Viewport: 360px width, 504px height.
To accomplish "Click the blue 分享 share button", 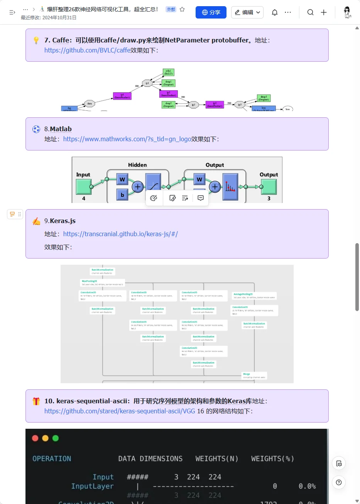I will click(211, 12).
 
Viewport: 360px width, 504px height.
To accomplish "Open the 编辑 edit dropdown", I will click(247, 12).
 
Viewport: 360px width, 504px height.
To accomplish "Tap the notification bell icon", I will click(275, 12).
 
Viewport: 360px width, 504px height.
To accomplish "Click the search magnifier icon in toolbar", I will click(310, 12).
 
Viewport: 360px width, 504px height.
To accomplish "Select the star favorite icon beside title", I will click(182, 9).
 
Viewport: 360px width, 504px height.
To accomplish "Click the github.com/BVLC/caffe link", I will click(87, 50).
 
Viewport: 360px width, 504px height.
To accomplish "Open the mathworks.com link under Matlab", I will click(127, 139).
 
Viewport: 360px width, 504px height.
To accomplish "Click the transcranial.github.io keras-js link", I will click(120, 234).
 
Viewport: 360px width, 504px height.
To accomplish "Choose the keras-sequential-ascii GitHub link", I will click(120, 411).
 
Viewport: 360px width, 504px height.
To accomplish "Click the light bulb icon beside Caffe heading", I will click(36, 40).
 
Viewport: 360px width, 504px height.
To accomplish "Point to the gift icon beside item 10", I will click(36, 401).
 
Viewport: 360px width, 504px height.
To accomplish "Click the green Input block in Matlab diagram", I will click(83, 187).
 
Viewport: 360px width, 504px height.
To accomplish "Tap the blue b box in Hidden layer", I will click(122, 195).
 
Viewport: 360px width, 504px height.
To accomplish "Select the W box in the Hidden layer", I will click(122, 179).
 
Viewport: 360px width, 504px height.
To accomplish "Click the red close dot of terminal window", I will click(35, 438).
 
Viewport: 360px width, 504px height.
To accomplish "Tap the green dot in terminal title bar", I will click(56, 438).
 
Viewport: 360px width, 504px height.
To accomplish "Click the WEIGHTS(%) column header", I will click(272, 458).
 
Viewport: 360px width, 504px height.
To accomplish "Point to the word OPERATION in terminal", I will click(52, 458).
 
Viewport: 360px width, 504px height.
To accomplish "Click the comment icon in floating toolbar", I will click(201, 198).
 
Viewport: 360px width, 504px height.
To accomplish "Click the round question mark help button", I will click(338, 482).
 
